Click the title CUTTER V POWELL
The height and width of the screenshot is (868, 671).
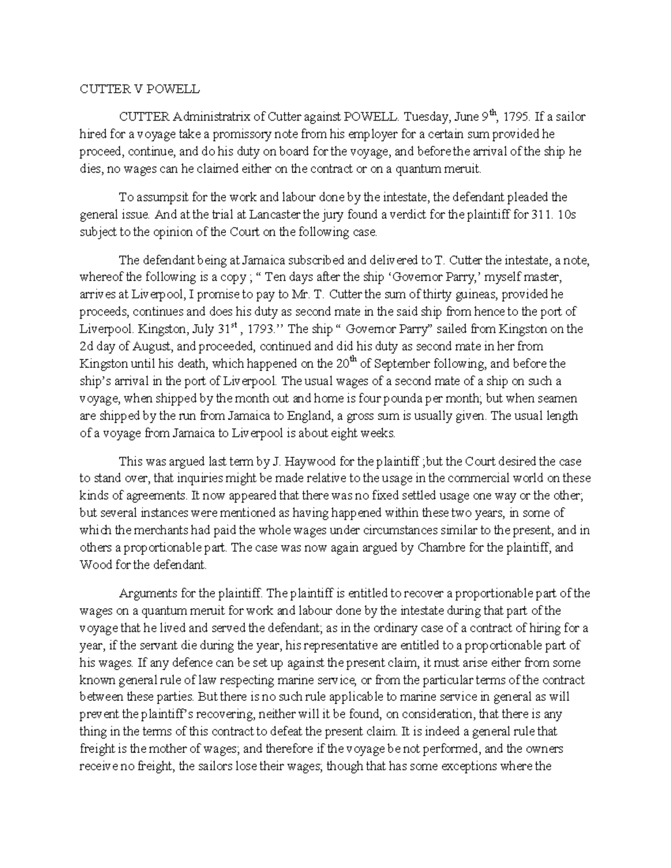139,89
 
